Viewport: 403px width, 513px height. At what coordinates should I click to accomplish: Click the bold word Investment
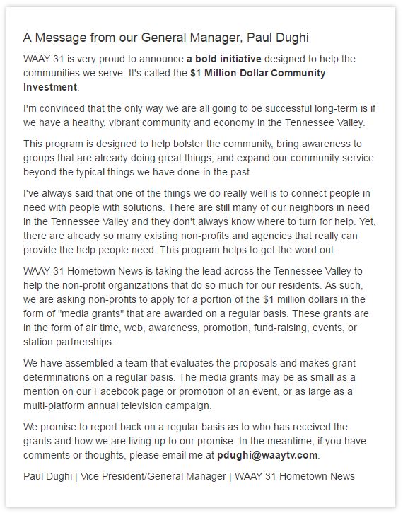(49, 88)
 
